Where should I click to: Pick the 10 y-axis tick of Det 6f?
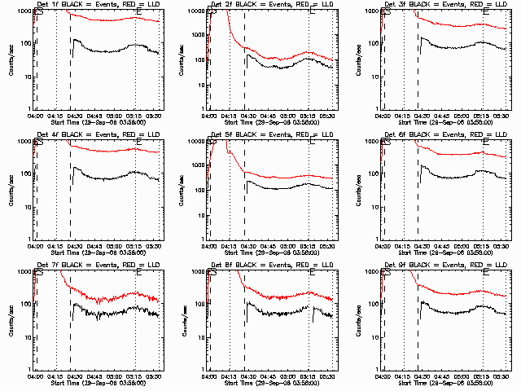[374, 208]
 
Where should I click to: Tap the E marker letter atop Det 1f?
[138, 13]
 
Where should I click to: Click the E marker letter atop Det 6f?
[487, 143]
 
